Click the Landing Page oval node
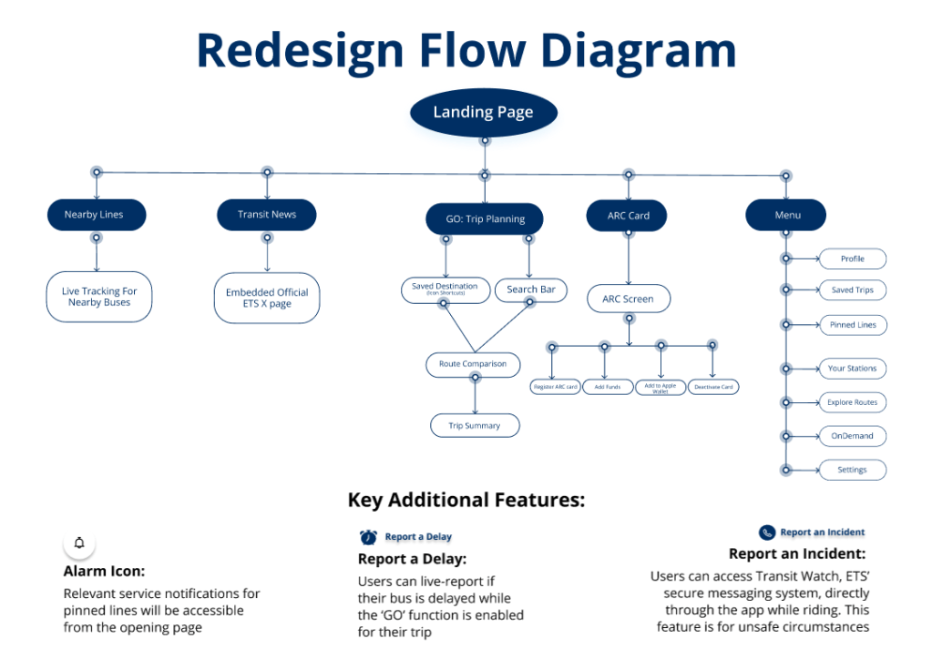pyautogui.click(x=483, y=113)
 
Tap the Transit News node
pyautogui.click(x=267, y=215)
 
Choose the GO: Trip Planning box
pyautogui.click(x=484, y=218)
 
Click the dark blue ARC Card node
pyautogui.click(x=629, y=216)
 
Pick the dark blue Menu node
pyautogui.click(x=786, y=216)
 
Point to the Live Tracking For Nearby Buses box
pyautogui.click(x=98, y=297)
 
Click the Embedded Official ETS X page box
pyautogui.click(x=267, y=298)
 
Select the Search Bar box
pyautogui.click(x=531, y=289)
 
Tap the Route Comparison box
pyautogui.click(x=473, y=364)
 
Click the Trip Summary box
pyautogui.click(x=475, y=425)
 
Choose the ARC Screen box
pyautogui.click(x=628, y=299)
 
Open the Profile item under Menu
pyautogui.click(x=853, y=259)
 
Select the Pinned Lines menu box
pyautogui.click(x=853, y=325)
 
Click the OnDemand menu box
pyautogui.click(x=853, y=436)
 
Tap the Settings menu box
pyautogui.click(x=853, y=471)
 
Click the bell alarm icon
pyautogui.click(x=79, y=543)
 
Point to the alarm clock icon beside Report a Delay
pyautogui.click(x=368, y=537)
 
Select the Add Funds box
pyautogui.click(x=608, y=387)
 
